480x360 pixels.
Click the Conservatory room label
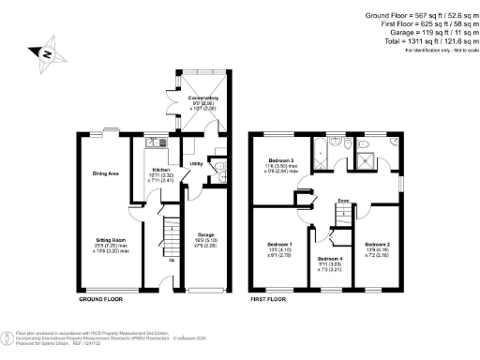(202, 97)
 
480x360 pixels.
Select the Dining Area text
(105, 173)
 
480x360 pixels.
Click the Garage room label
(205, 234)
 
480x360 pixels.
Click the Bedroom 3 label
(281, 160)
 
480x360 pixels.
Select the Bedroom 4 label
(330, 258)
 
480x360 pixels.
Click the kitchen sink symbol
(156, 142)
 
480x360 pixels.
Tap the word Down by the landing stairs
(345, 200)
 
